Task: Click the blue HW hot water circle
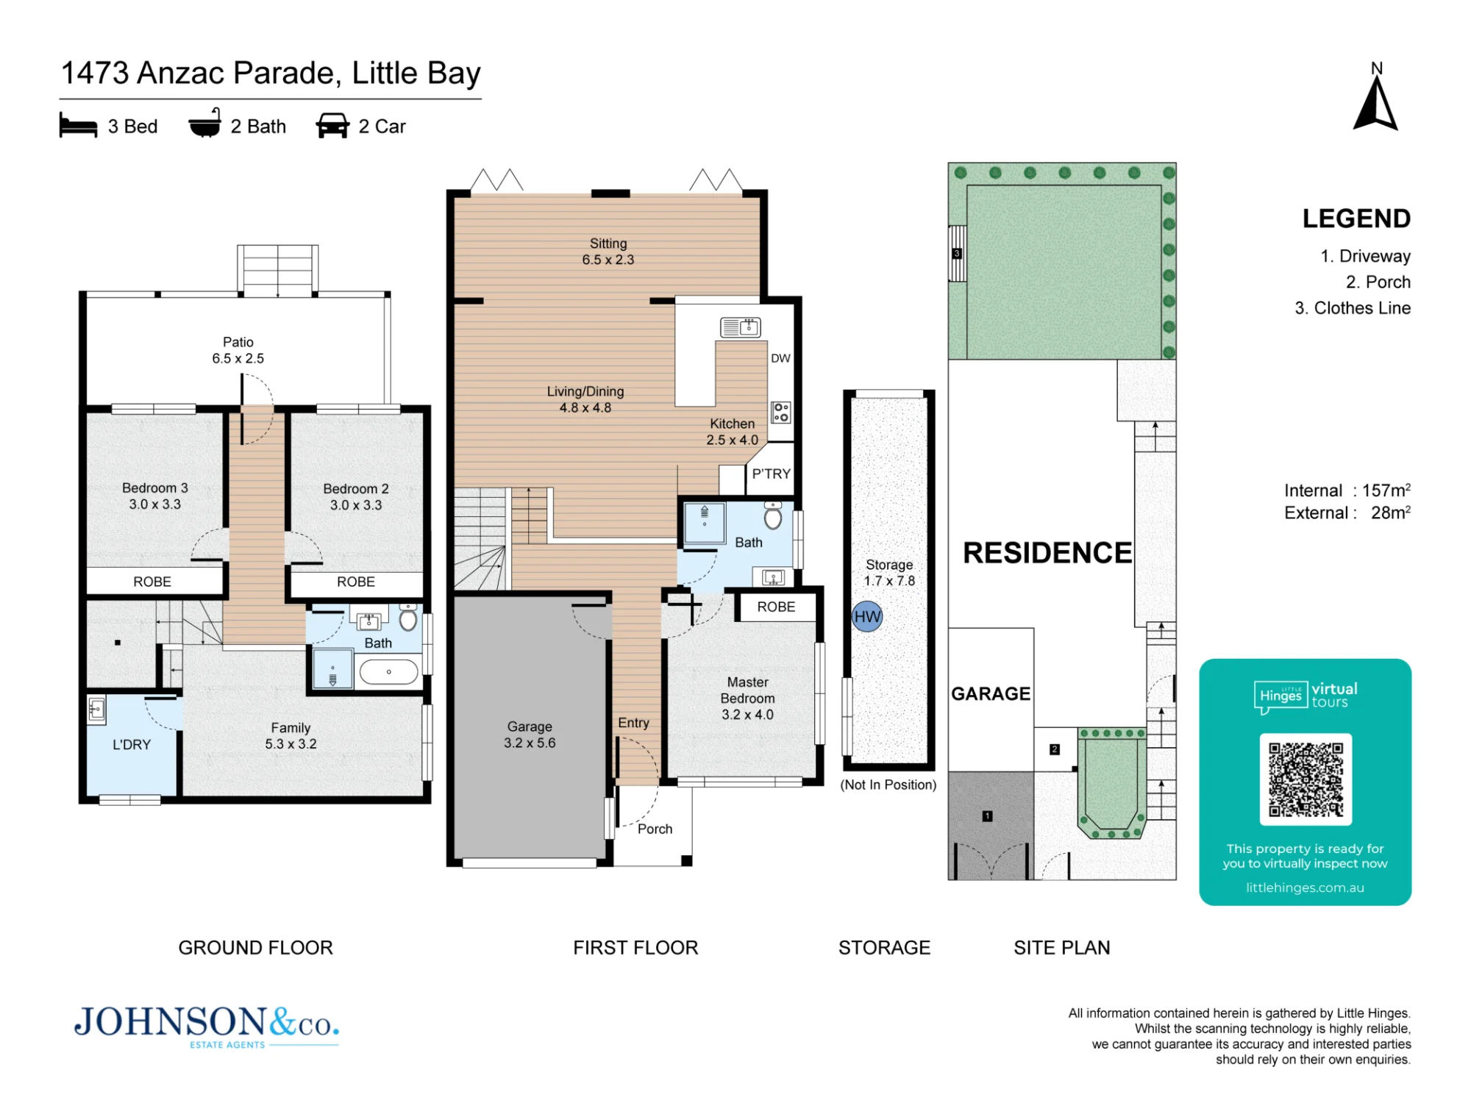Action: coord(867,616)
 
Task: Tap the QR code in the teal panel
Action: coord(1306,779)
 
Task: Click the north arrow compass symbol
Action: coord(1375,104)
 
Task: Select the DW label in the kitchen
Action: coord(780,358)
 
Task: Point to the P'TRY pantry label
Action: coord(771,474)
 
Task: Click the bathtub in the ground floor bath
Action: coord(388,671)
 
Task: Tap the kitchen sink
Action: coord(740,326)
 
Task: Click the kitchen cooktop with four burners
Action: coord(780,412)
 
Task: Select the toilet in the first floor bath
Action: coord(773,515)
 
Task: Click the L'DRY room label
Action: coord(132,744)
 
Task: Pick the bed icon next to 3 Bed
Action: coord(78,126)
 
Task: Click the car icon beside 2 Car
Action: coord(332,126)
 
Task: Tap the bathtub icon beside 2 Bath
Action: coord(204,124)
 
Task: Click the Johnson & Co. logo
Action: coord(207,1026)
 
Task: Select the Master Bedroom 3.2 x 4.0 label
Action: coord(747,698)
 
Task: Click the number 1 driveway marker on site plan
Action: coord(987,815)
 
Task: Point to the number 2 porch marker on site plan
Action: coord(1054,749)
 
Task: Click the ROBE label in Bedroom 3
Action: coord(152,582)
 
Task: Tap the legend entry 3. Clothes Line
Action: coord(1353,308)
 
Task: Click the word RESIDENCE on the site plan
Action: coord(1047,553)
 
